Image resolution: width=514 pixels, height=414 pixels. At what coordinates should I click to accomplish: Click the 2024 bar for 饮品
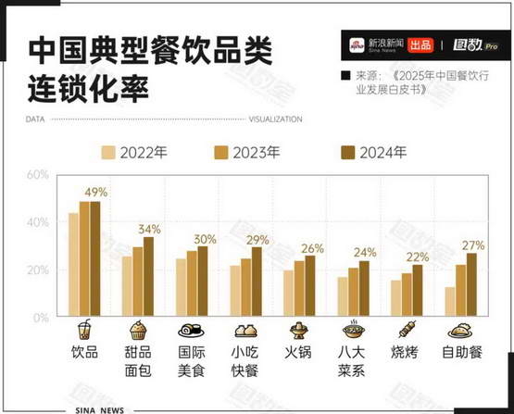[x=95, y=258]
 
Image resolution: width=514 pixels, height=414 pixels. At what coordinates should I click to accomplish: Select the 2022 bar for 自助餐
[x=450, y=302]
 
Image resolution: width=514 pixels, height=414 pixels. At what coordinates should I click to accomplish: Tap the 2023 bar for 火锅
[x=299, y=288]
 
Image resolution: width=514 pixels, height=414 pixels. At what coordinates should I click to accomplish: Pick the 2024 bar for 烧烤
[x=418, y=291]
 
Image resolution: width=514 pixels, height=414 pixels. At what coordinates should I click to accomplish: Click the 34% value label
[x=149, y=229]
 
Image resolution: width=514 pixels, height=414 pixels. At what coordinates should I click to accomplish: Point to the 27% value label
[x=473, y=245]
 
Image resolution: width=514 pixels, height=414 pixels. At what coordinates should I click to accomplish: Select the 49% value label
[x=96, y=192]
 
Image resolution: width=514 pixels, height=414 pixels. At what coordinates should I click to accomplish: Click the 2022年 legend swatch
[x=108, y=153]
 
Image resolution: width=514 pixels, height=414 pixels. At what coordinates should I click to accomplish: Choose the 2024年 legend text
[x=382, y=153]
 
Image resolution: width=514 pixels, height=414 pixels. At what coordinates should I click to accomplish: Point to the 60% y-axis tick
[x=38, y=174]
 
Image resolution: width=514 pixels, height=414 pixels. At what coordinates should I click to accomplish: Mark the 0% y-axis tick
[x=41, y=318]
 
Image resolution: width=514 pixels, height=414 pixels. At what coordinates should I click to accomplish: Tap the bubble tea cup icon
[x=84, y=329]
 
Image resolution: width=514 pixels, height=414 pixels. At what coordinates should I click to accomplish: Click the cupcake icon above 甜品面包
[x=137, y=330]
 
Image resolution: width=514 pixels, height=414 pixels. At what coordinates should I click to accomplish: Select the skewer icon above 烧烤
[x=407, y=329]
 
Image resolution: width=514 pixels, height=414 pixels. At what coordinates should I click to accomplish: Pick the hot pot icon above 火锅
[x=298, y=330]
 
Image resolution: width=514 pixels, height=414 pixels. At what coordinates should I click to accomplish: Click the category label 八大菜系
[x=351, y=361]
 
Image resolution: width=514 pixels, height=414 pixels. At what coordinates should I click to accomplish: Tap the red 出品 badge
[x=420, y=45]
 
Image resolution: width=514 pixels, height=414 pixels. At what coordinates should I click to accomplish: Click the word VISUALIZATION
[x=275, y=119]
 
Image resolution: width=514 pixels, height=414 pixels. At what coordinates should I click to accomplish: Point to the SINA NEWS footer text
[x=100, y=410]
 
